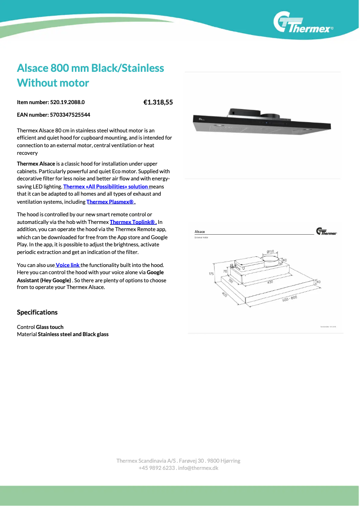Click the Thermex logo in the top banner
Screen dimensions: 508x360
pyautogui.click(x=303, y=23)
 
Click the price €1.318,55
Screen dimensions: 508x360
pyautogui.click(x=158, y=102)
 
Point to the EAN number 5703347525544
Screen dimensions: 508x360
pyautogui.click(x=68, y=115)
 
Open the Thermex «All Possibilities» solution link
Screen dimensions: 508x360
pyautogui.click(x=105, y=186)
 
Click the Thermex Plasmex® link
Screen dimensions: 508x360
pyautogui.click(x=111, y=202)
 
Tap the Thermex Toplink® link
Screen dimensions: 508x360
pyautogui.click(x=133, y=222)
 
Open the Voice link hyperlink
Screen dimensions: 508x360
pyautogui.click(x=67, y=265)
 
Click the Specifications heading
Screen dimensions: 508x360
pyautogui.click(x=37, y=312)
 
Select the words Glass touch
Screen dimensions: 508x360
pyautogui.click(x=50, y=327)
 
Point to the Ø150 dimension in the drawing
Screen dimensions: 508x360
pyautogui.click(x=271, y=252)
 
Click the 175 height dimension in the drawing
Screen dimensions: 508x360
pyautogui.click(x=211, y=273)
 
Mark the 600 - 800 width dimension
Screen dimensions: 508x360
pyautogui.click(x=290, y=298)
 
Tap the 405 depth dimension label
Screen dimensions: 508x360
pyautogui.click(x=224, y=295)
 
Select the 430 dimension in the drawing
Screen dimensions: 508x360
pyautogui.click(x=270, y=282)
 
